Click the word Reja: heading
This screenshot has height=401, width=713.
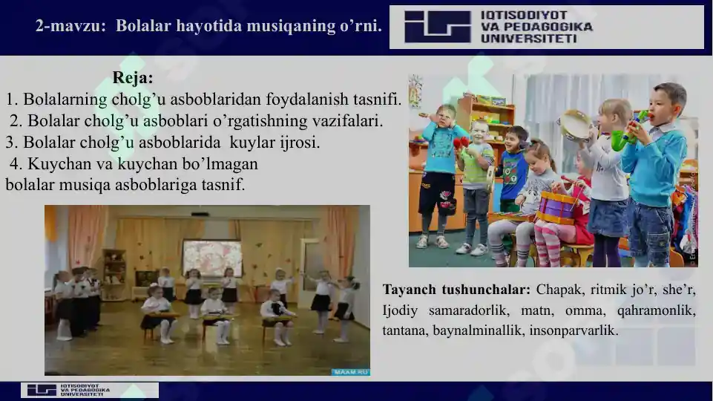pos(134,78)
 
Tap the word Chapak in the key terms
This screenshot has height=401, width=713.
pos(559,290)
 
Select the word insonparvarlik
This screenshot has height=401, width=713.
pos(574,330)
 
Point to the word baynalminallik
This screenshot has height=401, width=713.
pos(484,330)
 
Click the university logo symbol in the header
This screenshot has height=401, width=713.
pos(437,27)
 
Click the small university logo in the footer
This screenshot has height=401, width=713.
pos(42,390)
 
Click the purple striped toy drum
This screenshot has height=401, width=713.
pos(556,207)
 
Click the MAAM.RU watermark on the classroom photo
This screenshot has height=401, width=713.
pos(350,371)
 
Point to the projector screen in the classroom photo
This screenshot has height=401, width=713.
pos(212,257)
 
